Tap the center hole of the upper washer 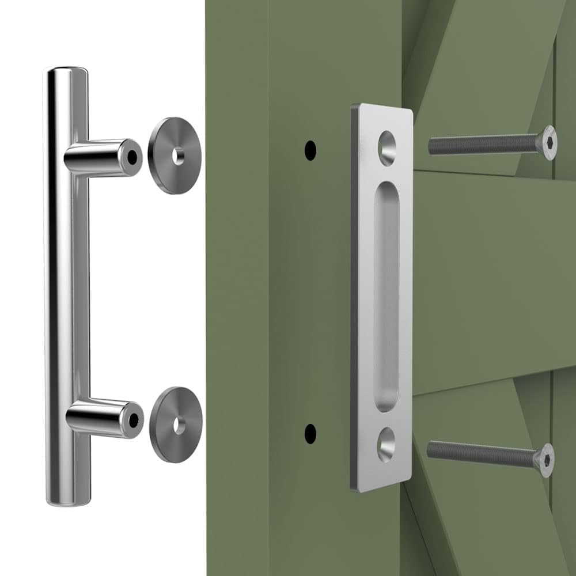point(179,156)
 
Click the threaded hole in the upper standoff point(133,156)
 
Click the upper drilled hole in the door point(310,150)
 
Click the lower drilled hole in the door point(310,433)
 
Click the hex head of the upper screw point(550,142)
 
